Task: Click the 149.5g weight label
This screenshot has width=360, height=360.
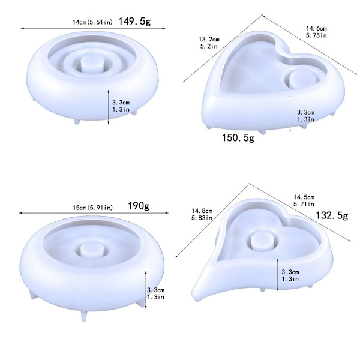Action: click(134, 22)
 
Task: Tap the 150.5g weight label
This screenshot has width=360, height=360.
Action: click(238, 138)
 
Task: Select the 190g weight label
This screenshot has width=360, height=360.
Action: click(139, 206)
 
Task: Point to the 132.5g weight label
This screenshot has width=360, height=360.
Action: click(332, 215)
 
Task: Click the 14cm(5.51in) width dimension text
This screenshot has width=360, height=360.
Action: click(93, 22)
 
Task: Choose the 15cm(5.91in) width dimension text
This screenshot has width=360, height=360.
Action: click(93, 208)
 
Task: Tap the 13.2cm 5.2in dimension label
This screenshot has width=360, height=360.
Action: click(209, 43)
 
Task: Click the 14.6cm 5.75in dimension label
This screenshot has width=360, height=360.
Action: click(316, 32)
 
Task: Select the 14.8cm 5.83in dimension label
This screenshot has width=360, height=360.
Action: click(202, 214)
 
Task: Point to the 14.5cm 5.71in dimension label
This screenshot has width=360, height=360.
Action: click(304, 200)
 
